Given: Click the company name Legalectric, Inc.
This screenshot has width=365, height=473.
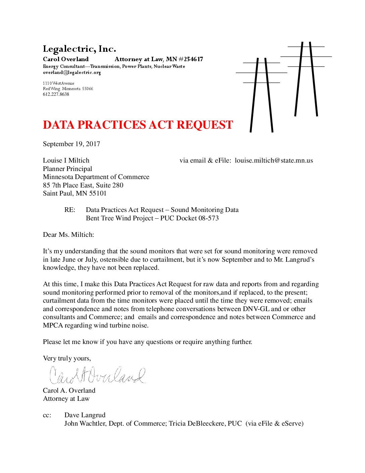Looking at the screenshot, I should (80, 49).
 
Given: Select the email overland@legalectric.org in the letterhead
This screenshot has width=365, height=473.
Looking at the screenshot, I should (72, 73).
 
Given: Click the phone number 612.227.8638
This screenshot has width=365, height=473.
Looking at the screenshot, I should (56, 94).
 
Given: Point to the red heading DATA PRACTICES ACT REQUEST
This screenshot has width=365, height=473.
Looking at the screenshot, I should (138, 125).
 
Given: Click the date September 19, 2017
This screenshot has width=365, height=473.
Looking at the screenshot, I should (71, 144).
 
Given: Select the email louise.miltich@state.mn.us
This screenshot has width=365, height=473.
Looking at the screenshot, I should (274, 161).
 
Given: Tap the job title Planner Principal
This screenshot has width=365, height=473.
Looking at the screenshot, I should (67, 169).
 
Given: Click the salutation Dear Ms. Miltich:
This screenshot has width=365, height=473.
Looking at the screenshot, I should (68, 235).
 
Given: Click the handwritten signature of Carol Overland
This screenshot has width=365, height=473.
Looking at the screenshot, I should (97, 376).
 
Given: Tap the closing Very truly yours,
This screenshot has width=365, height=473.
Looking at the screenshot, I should (67, 358).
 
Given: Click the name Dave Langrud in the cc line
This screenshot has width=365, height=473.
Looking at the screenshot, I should (85, 415).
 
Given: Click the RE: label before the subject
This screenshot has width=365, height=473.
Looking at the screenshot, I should (70, 210).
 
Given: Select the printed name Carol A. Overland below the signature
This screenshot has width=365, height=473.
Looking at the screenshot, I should (69, 391).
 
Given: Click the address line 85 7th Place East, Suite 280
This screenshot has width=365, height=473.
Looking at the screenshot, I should (83, 185).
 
